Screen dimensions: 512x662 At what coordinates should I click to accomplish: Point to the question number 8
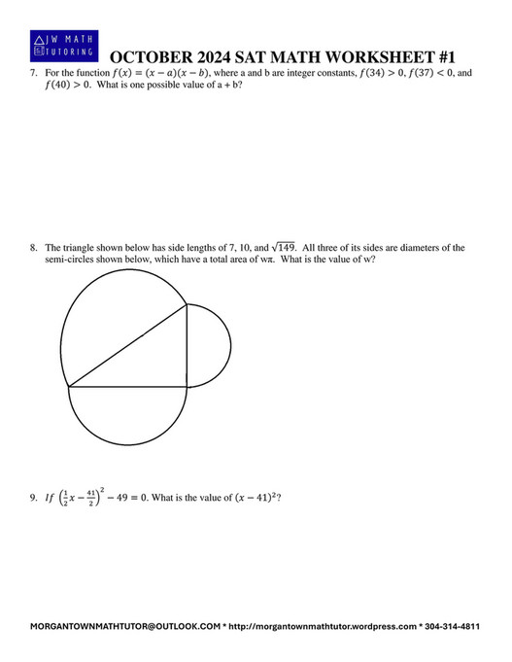pyautogui.click(x=33, y=248)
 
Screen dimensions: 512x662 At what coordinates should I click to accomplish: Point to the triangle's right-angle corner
pyautogui.click(x=187, y=387)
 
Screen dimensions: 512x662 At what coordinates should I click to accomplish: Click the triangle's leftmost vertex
pyautogui.click(x=68, y=387)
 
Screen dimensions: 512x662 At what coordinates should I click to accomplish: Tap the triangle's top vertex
pyautogui.click(x=187, y=305)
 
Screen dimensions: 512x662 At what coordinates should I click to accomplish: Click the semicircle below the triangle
pyautogui.click(x=127, y=420)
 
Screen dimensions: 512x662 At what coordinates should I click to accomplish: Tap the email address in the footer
pyautogui.click(x=126, y=627)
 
